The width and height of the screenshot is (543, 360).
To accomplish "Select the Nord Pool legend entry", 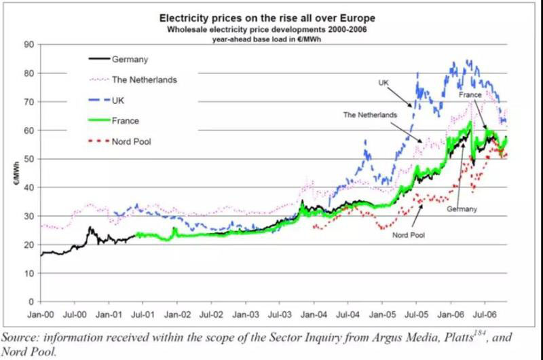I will (138, 142).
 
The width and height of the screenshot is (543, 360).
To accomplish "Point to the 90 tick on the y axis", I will (29, 44).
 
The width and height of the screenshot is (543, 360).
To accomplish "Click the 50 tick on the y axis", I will (29, 159).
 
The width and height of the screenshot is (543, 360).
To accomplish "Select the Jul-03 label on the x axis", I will (280, 316).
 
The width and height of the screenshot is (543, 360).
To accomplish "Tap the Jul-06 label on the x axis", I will (485, 316).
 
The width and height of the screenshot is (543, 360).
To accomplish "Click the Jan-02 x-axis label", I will (177, 316).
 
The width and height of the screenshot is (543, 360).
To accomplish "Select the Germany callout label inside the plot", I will (462, 209).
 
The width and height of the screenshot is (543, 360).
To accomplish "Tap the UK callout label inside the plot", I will (383, 82).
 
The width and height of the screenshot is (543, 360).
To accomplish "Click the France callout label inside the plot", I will (470, 96).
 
